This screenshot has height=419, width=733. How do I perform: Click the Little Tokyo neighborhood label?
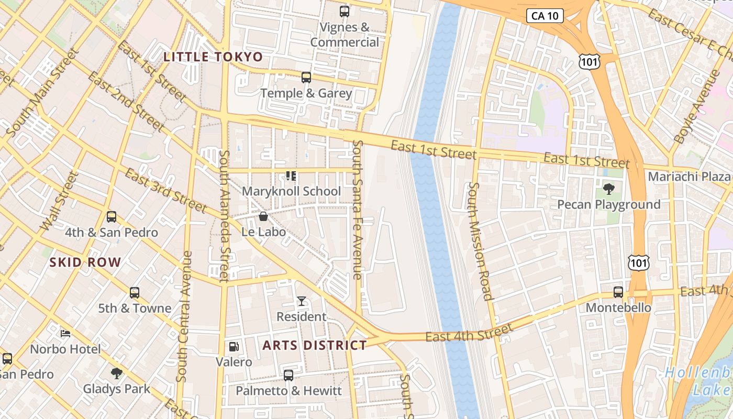coord(213,57)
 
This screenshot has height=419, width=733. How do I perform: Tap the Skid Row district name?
coord(85,262)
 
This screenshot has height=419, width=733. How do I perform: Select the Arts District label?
coord(315,345)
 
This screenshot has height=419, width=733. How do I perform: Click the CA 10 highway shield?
coord(545,16)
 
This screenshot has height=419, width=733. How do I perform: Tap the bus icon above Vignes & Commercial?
coord(344,11)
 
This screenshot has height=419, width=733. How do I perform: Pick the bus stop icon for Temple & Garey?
coord(306,78)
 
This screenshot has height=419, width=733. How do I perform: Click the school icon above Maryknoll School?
coord(291,176)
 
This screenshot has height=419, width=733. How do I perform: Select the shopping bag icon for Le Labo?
coord(263,216)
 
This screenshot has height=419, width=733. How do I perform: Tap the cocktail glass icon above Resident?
coord(302,301)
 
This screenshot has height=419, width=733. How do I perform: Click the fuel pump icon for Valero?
coord(234,346)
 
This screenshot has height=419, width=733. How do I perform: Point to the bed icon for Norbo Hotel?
coord(65,333)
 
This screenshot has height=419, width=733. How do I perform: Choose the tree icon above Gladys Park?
coord(117,373)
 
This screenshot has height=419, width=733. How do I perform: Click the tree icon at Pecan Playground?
coord(608,189)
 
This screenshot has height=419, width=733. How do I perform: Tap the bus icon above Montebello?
coord(618,292)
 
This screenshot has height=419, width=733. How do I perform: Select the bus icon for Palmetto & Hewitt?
coord(288,375)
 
